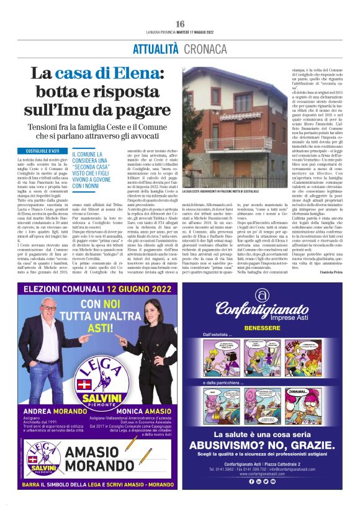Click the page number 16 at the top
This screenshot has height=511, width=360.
tap(180, 24)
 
